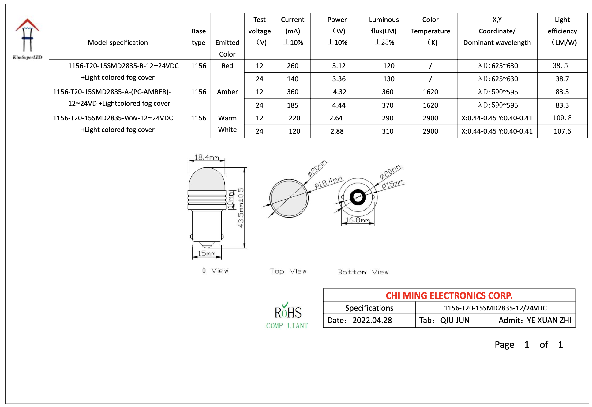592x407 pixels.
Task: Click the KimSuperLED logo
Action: tap(28, 38)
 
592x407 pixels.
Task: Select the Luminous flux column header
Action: tap(384, 31)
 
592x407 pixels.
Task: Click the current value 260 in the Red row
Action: tap(292, 66)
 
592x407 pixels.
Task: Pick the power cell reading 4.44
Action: tap(339, 105)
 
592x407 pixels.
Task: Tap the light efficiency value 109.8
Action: tap(562, 118)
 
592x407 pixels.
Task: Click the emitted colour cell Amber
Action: tap(227, 92)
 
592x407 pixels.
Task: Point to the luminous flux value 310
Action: tap(387, 131)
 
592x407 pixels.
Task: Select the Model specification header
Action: tap(118, 42)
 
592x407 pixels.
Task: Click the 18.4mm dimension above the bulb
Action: tap(207, 157)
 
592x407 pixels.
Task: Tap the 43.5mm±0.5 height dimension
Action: tap(241, 208)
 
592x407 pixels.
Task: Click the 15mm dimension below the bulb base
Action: tap(207, 254)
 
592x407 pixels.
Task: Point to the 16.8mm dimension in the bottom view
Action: tap(358, 220)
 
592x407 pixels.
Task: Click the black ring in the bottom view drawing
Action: tap(358, 197)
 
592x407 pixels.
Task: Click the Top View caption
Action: tap(288, 271)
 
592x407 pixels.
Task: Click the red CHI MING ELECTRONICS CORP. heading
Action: tap(449, 296)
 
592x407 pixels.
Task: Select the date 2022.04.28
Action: tap(372, 320)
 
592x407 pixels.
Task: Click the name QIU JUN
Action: tap(455, 320)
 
